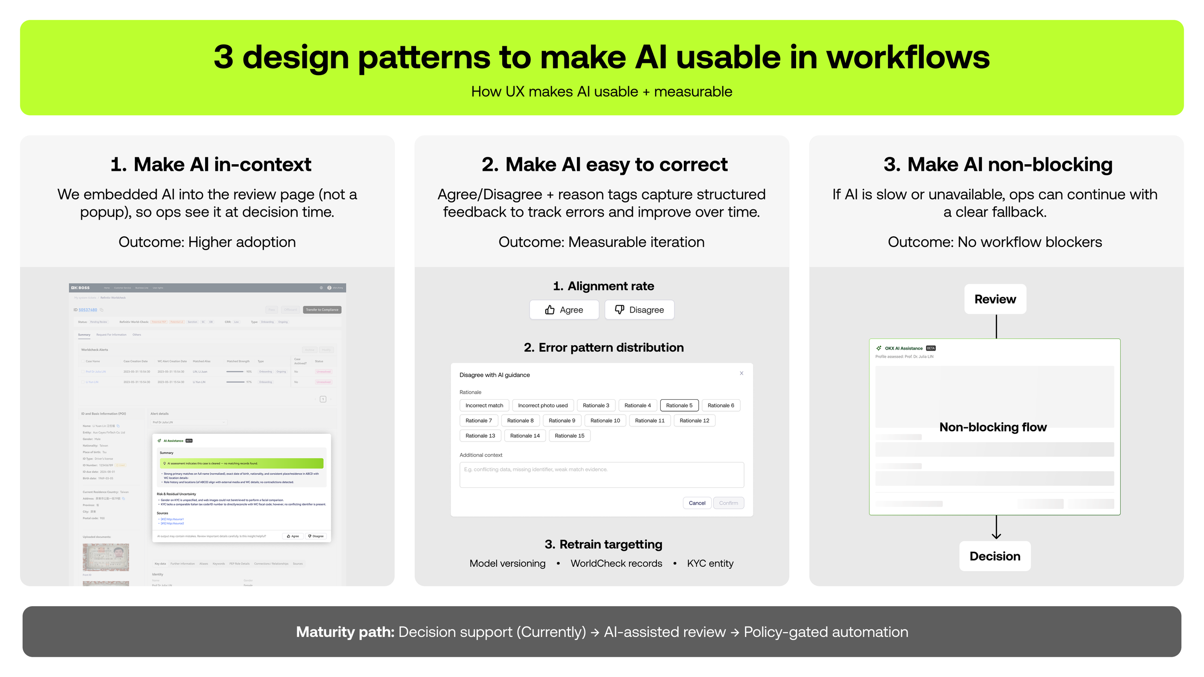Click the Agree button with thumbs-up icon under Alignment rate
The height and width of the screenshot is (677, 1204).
pyautogui.click(x=564, y=310)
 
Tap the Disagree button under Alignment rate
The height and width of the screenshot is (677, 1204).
pyautogui.click(x=639, y=310)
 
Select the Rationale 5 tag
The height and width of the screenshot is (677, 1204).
pyautogui.click(x=679, y=405)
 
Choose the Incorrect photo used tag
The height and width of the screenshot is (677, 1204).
pyautogui.click(x=543, y=405)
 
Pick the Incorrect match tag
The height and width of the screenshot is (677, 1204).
pyautogui.click(x=484, y=405)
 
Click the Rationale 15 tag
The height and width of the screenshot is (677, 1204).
pyautogui.click(x=569, y=436)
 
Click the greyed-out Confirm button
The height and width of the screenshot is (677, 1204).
pyautogui.click(x=728, y=503)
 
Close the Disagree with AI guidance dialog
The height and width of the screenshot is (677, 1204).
pyautogui.click(x=742, y=373)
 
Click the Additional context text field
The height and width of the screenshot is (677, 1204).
pyautogui.click(x=602, y=475)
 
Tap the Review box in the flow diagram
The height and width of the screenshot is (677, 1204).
pyautogui.click(x=995, y=299)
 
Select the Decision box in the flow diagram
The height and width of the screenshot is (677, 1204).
pyautogui.click(x=995, y=556)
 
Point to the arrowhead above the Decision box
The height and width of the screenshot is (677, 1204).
pyautogui.click(x=996, y=536)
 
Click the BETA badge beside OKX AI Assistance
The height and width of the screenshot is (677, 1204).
pyautogui.click(x=930, y=348)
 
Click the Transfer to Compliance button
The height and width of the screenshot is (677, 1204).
pyautogui.click(x=322, y=310)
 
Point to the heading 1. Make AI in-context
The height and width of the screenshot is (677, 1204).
pyautogui.click(x=210, y=165)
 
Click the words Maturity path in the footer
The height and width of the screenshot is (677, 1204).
pyautogui.click(x=345, y=632)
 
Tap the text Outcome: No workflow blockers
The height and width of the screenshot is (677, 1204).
pyautogui.click(x=995, y=242)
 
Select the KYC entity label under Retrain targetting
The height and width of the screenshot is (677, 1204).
pyautogui.click(x=710, y=563)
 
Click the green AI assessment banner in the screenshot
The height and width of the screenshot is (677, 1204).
pyautogui.click(x=241, y=463)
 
